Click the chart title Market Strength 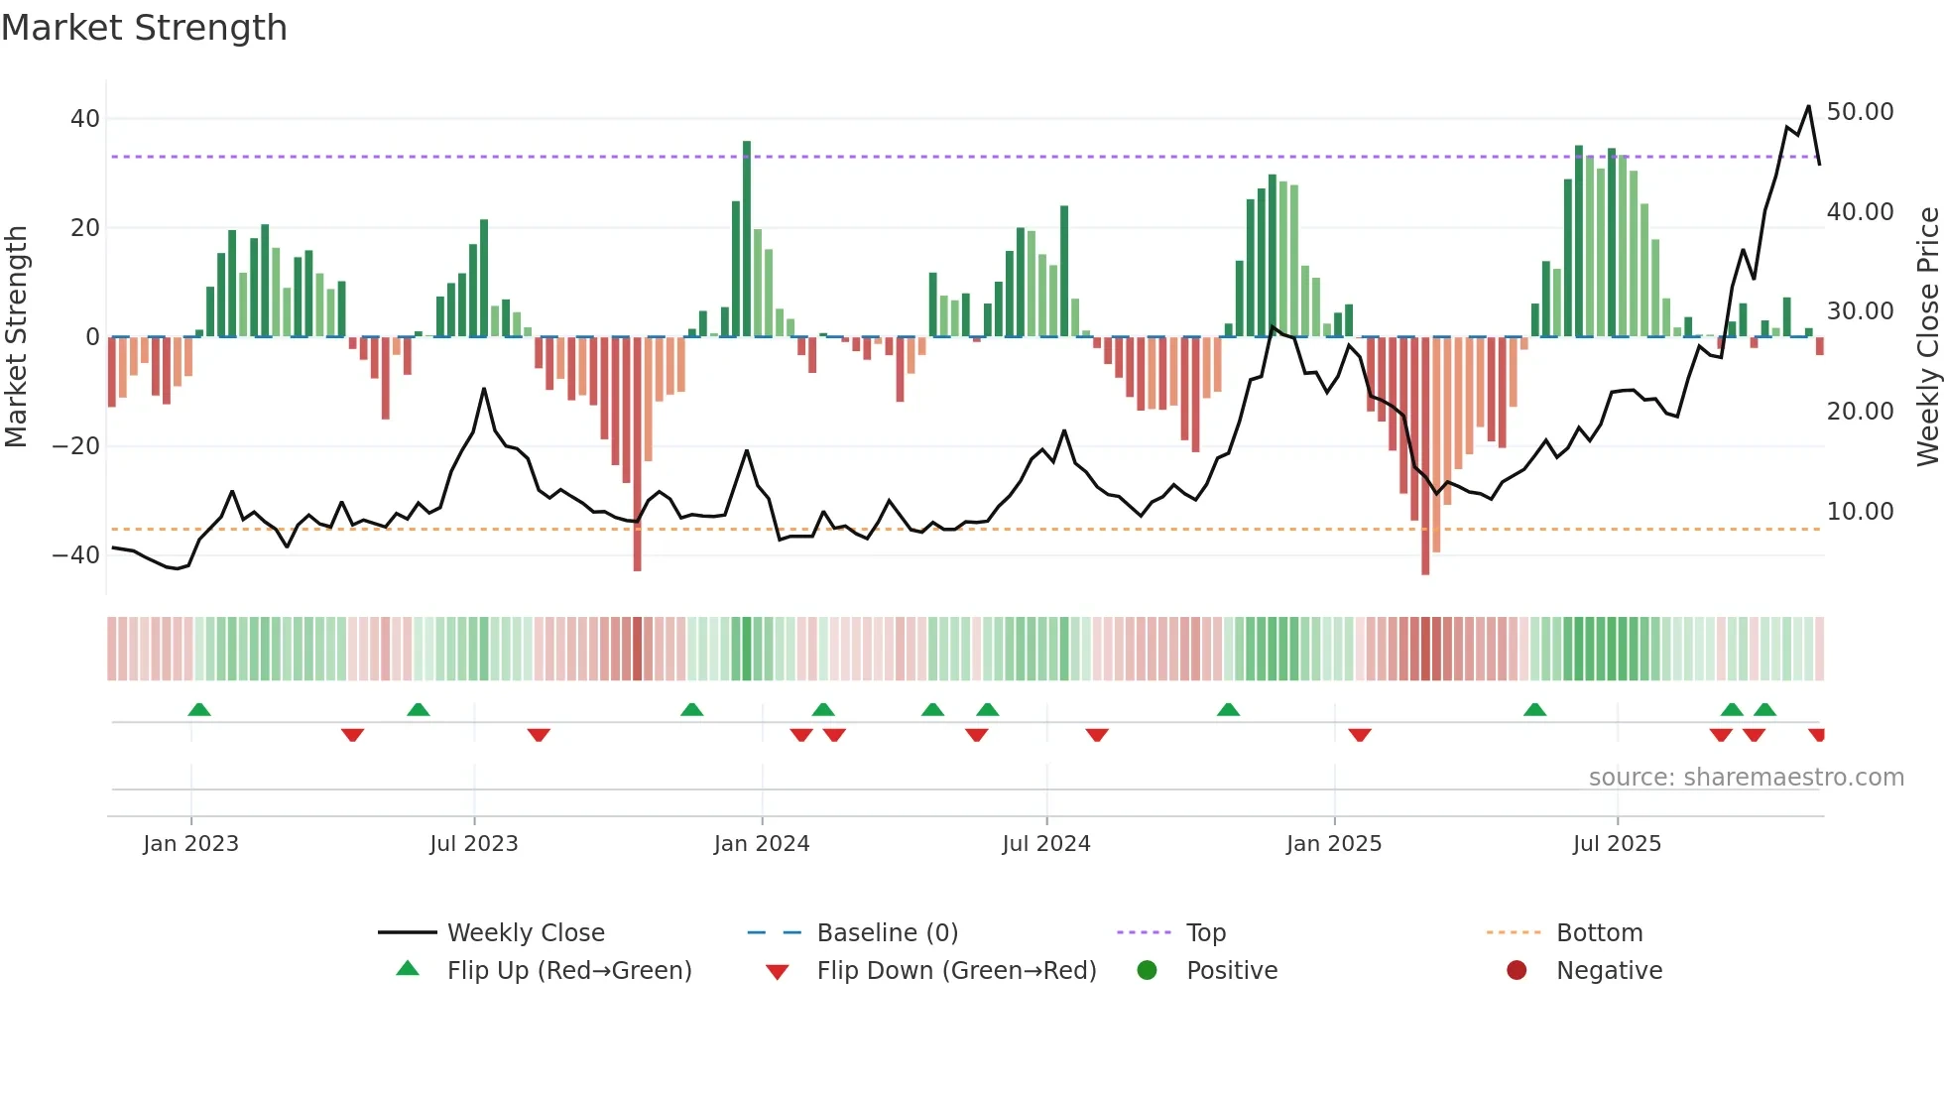tap(144, 28)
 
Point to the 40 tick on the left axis tap(85, 119)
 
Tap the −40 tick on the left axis tap(76, 555)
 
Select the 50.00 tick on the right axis tap(1860, 112)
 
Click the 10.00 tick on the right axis tap(1860, 512)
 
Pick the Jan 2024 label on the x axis tap(761, 844)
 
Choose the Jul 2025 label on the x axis tap(1616, 844)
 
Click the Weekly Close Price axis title tap(1927, 337)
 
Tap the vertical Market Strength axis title tap(17, 337)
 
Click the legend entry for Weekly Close tap(525, 933)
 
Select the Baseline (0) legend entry tap(887, 933)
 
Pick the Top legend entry tap(1205, 933)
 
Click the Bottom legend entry tap(1599, 933)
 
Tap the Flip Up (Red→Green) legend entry tap(568, 971)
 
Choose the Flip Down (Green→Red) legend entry tap(956, 971)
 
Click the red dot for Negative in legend tap(1516, 971)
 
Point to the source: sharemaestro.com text tap(1746, 778)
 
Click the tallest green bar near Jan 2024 tap(747, 238)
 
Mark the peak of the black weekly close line tap(1808, 106)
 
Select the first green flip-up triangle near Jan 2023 tap(199, 710)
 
